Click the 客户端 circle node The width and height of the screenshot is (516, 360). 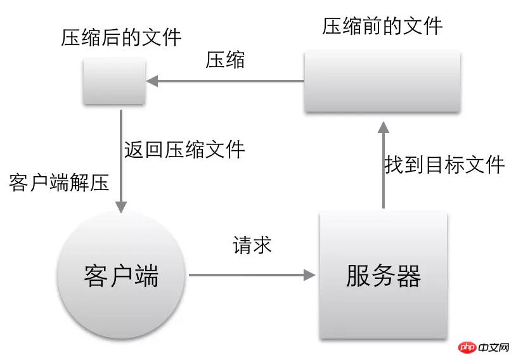[121, 275]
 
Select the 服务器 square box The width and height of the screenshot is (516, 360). [384, 275]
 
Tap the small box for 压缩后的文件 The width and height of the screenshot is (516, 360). [114, 81]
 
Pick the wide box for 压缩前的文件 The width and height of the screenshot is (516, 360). [382, 81]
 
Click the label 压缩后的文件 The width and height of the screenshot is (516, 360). [121, 37]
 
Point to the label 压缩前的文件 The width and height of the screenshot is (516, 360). [382, 27]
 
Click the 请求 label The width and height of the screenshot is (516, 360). [252, 245]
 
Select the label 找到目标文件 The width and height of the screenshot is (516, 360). [444, 165]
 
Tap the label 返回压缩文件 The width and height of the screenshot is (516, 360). [184, 150]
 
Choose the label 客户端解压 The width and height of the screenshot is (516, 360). [59, 183]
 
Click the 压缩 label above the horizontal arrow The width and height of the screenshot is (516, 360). [225, 60]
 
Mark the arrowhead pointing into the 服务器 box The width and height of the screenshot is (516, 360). [309, 275]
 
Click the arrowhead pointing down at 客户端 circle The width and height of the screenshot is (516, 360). [121, 207]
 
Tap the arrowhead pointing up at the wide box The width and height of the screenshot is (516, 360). [384, 127]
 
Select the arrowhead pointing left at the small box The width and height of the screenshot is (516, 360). [152, 81]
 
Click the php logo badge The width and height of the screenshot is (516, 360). [467, 347]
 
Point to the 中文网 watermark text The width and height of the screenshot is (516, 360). [494, 347]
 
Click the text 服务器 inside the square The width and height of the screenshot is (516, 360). [384, 276]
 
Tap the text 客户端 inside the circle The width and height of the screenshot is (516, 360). [121, 276]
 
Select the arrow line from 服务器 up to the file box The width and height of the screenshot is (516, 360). [384, 165]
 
